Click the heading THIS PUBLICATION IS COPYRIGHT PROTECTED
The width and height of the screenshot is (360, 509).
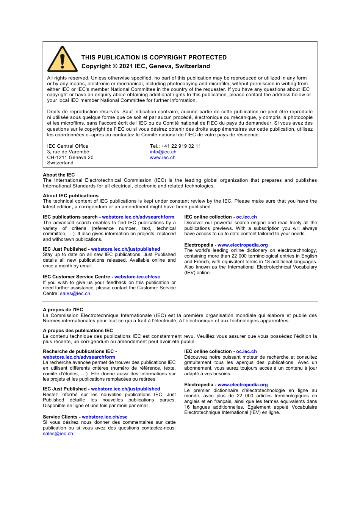[x=154, y=58]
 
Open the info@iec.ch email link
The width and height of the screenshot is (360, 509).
[x=163, y=152]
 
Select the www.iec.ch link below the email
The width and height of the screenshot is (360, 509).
[x=163, y=158]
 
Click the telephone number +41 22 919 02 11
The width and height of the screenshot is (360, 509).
[x=181, y=146]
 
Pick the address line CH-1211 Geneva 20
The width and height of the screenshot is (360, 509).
[x=70, y=158]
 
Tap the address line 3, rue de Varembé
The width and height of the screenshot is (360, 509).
[x=68, y=152]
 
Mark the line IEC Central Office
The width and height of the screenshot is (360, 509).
[x=67, y=146]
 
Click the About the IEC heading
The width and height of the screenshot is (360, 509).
[x=59, y=175]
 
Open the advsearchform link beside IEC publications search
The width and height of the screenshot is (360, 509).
[x=138, y=217]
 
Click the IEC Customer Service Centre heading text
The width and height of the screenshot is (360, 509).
[x=76, y=277]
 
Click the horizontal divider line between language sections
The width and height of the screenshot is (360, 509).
[x=180, y=302]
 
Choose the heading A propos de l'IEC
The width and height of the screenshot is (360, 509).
[x=63, y=310]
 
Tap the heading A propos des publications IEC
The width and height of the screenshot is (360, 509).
[x=78, y=331]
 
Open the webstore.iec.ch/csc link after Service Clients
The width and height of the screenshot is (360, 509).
[x=105, y=417]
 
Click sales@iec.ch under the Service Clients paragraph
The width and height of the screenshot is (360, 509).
[x=58, y=434]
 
